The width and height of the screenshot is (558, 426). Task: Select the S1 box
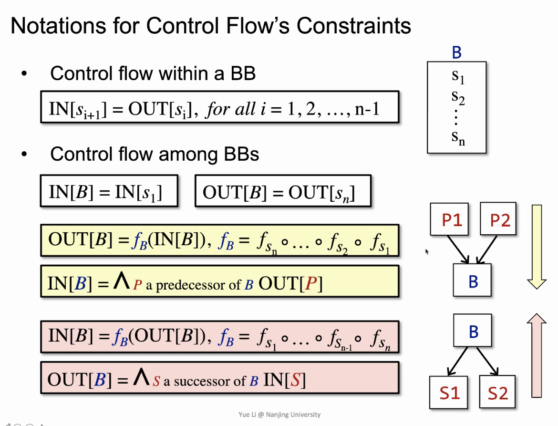[449, 392]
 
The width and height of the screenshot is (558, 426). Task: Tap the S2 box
[497, 392]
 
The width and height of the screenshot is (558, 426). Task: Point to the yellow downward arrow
[537, 246]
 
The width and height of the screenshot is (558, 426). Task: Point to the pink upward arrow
[537, 355]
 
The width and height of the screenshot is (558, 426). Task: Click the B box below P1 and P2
[472, 281]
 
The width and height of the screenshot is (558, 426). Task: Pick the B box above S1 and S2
[472, 331]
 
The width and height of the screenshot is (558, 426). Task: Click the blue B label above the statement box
[456, 52]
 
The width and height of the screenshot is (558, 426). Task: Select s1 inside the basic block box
[458, 76]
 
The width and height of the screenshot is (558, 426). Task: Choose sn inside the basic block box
[458, 138]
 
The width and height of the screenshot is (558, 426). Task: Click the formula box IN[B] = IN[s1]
[109, 192]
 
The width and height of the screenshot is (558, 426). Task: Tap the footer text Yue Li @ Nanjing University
[279, 415]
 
